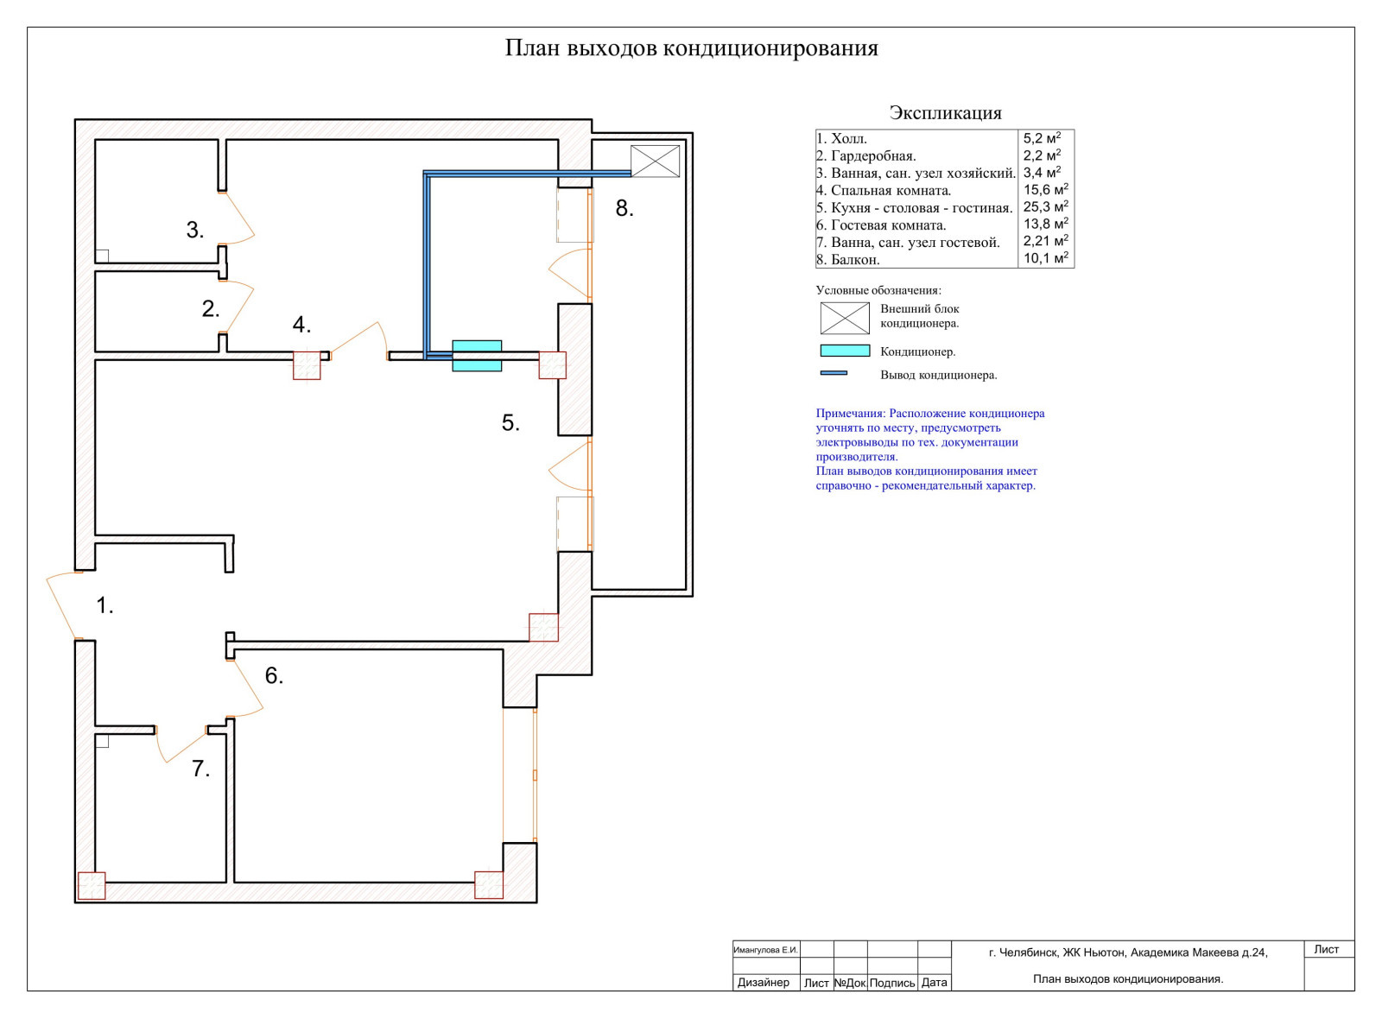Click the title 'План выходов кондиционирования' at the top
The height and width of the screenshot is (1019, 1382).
click(691, 48)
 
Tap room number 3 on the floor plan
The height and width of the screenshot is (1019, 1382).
click(194, 230)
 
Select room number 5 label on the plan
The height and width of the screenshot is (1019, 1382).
click(510, 422)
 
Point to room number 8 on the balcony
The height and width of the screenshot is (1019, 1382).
click(624, 208)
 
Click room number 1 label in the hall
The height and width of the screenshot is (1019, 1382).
click(104, 605)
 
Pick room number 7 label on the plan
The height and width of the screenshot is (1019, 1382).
click(200, 769)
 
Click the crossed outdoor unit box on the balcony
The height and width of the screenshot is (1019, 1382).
click(655, 161)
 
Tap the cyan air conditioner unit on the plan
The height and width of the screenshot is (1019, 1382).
click(477, 355)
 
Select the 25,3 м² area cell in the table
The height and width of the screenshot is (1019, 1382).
click(1045, 207)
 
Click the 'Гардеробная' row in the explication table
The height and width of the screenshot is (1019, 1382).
click(872, 156)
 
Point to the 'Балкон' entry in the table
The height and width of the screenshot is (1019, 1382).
click(854, 260)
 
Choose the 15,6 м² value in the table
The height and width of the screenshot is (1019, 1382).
click(1045, 190)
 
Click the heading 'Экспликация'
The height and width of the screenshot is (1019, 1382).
click(945, 113)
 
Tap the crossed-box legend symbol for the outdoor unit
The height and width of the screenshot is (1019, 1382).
click(844, 318)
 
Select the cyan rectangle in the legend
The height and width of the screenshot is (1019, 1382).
click(844, 351)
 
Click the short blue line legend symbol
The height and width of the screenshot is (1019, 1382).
click(834, 373)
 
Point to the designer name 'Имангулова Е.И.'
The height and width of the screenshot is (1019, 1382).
click(765, 950)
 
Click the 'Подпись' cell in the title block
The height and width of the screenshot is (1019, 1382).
click(891, 983)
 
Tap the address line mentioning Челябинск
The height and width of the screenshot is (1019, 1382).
click(1127, 953)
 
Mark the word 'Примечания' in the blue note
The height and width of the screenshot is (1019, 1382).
click(850, 414)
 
